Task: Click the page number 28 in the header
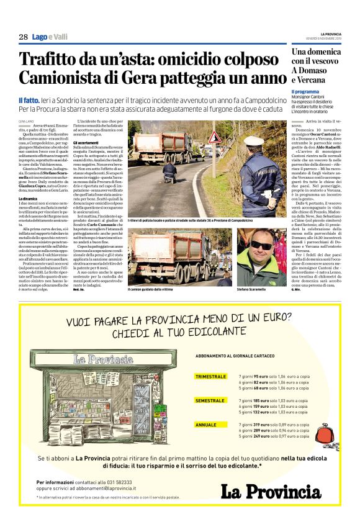23,37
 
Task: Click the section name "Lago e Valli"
50,37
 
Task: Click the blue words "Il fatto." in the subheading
30,99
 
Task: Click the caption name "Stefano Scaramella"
254,289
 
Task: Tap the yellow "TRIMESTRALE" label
210,377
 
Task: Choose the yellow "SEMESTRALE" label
209,401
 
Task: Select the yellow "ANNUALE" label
205,425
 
